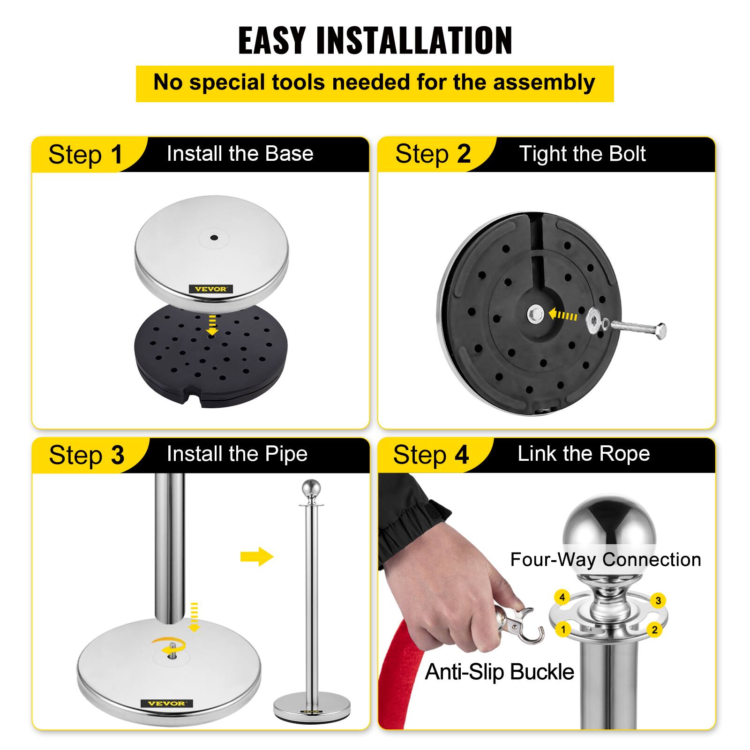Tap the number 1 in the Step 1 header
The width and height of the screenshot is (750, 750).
point(116,154)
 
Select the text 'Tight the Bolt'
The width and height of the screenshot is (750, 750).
point(582,154)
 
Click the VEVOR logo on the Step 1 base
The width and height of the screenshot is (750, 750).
point(210,289)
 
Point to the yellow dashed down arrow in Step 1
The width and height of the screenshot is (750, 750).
point(212,325)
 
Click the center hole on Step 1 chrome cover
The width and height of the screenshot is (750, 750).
point(214,237)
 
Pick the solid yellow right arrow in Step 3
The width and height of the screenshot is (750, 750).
point(256,556)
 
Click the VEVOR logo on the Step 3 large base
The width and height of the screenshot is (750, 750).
point(166,703)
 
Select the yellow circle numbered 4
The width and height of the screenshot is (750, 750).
point(562,597)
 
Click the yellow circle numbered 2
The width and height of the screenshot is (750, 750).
point(655,630)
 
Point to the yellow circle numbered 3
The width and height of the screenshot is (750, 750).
point(658,600)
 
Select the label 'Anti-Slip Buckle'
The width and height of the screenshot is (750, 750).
point(499,672)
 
